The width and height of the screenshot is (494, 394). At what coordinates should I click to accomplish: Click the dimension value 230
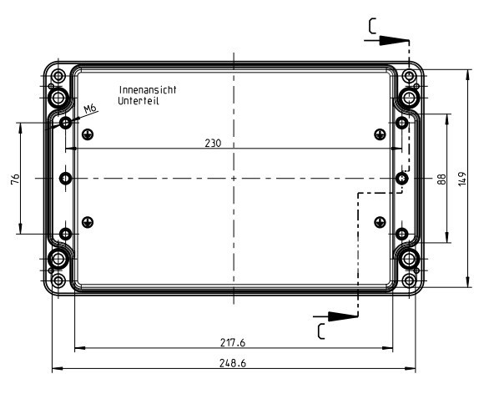pyautogui.click(x=213, y=143)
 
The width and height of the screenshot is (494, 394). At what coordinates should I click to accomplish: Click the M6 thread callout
pyautogui.click(x=91, y=108)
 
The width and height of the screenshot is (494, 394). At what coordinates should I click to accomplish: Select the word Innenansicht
pyautogui.click(x=149, y=89)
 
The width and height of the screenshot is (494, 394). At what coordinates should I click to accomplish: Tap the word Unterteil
pyautogui.click(x=139, y=100)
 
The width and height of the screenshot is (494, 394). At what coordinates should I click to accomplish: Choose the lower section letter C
pyautogui.click(x=320, y=330)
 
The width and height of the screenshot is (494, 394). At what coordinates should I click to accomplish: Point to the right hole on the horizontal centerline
pyautogui.click(x=402, y=178)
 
